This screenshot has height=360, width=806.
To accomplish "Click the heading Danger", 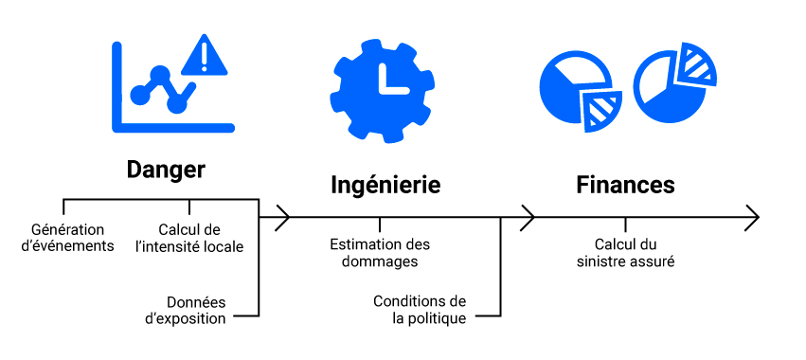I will point(166,170).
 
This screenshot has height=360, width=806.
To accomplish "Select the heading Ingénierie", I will point(385,184).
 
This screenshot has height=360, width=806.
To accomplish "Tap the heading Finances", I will point(625,184).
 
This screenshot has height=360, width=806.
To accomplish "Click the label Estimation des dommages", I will point(380,253).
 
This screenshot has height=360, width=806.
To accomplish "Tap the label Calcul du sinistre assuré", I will point(625,253).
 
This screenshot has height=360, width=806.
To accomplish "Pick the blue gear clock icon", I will point(382,85).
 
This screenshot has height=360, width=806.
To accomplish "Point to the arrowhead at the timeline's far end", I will point(753,218).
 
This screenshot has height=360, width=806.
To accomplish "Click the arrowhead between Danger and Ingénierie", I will point(281,218).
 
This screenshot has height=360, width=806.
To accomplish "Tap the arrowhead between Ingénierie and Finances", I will point(528,218).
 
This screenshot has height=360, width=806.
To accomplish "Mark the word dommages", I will point(380,261).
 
